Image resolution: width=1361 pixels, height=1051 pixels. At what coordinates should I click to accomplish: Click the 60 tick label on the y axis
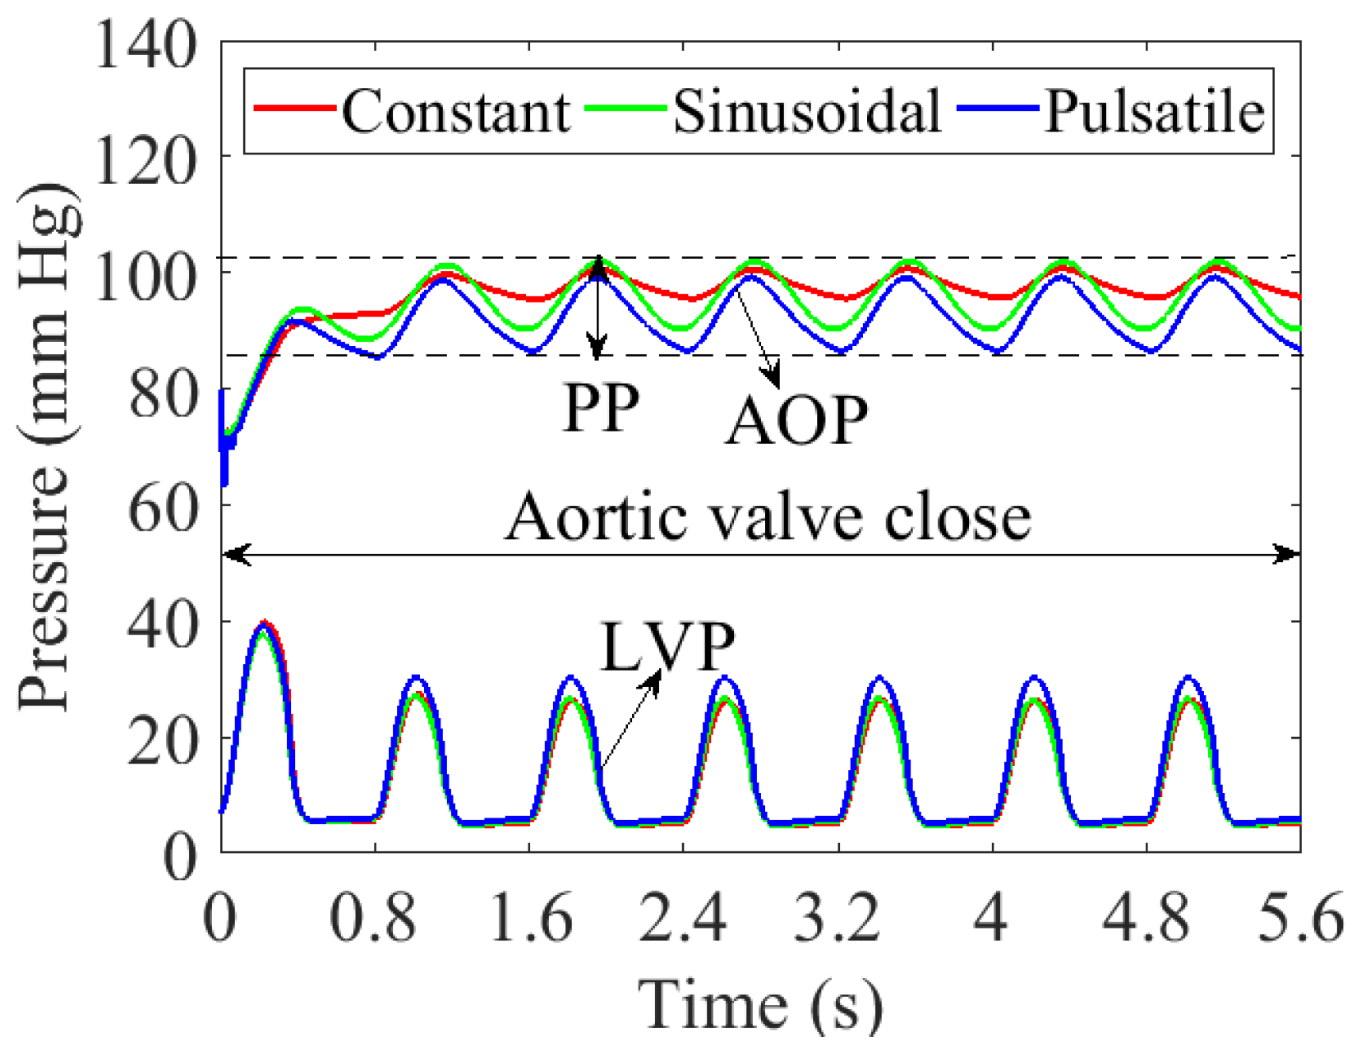click(x=163, y=508)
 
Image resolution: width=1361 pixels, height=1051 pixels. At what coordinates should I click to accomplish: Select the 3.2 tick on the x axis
click(x=837, y=917)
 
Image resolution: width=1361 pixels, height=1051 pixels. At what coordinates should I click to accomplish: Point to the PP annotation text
click(x=601, y=409)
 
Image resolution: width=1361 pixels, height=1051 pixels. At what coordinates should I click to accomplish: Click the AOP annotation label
click(x=796, y=422)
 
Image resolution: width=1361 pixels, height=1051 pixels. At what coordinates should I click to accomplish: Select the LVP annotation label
click(x=667, y=648)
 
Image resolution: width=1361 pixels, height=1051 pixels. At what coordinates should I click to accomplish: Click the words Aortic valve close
click(x=768, y=518)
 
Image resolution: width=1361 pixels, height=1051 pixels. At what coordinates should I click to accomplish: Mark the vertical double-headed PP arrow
click(x=598, y=308)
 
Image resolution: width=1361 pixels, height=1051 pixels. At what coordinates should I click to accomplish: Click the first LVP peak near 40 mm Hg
click(x=263, y=625)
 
